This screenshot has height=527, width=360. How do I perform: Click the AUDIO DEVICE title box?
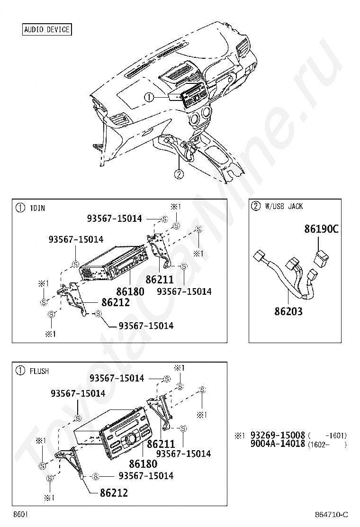click(47, 29)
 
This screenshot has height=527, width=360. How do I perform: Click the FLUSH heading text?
click(39, 371)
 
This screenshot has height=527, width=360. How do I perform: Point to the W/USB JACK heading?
click(283, 206)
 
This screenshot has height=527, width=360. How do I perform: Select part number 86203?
click(288, 311)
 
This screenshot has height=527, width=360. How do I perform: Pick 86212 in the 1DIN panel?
click(115, 302)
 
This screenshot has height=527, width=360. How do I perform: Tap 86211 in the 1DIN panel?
click(160, 279)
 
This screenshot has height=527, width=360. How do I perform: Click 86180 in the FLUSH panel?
click(143, 463)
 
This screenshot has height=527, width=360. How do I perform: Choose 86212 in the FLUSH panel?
click(114, 492)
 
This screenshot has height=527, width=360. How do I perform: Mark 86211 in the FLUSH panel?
click(161, 444)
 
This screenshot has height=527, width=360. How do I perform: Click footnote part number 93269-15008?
click(278, 435)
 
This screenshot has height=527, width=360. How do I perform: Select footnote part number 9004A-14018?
click(278, 444)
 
